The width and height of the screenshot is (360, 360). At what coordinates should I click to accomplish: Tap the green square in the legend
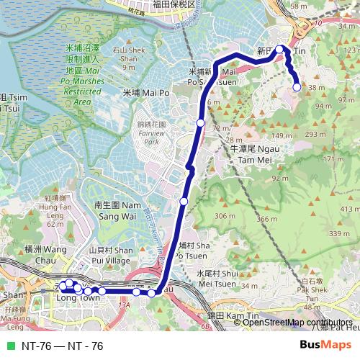[11, 346]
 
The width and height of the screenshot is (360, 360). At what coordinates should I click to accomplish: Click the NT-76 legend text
[63, 346]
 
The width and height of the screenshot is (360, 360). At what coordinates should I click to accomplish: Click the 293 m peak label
[315, 134]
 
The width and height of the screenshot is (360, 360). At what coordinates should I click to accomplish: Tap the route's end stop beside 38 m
[297, 87]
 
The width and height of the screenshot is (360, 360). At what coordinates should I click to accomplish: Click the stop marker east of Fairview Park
[200, 123]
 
